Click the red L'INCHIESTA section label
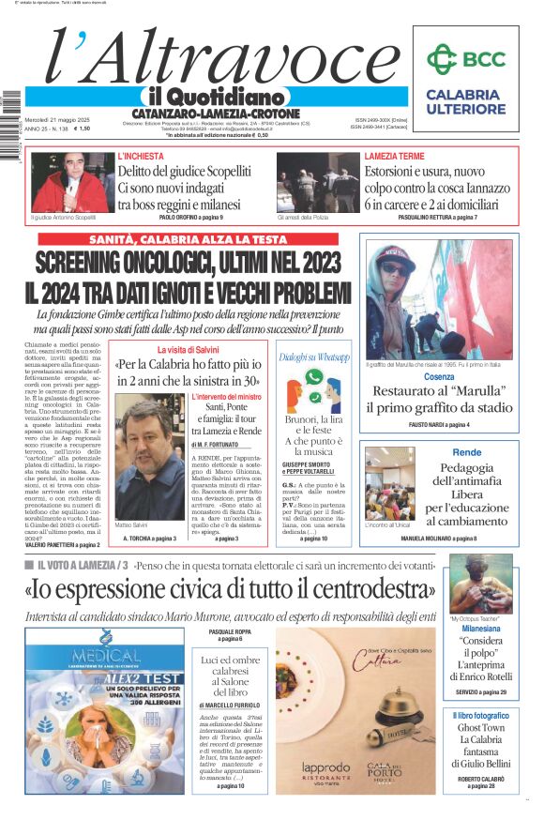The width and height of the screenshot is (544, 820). [141, 156]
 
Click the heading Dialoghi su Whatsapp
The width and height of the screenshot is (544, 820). [314, 357]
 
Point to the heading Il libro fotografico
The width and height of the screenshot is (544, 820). [480, 715]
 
